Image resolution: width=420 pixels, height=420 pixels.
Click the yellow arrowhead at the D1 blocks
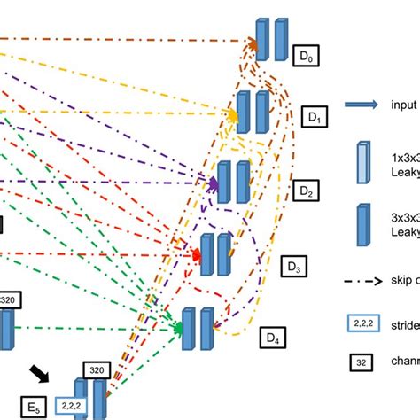pyautogui.click(x=233, y=114)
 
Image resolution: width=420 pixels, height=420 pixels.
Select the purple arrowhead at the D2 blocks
pyautogui.click(x=213, y=184)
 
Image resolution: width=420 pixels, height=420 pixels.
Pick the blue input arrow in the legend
pyautogui.click(x=360, y=105)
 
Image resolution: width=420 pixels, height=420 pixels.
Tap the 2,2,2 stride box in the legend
pyautogui.click(x=360, y=325)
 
